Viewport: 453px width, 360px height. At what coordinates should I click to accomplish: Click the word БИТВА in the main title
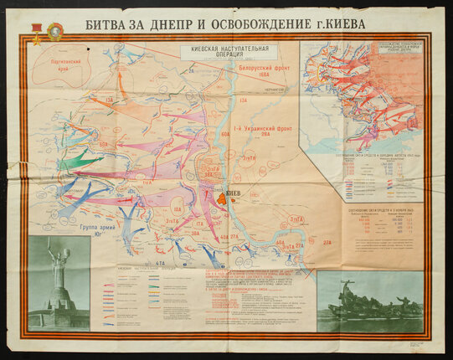click(x=106, y=23)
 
